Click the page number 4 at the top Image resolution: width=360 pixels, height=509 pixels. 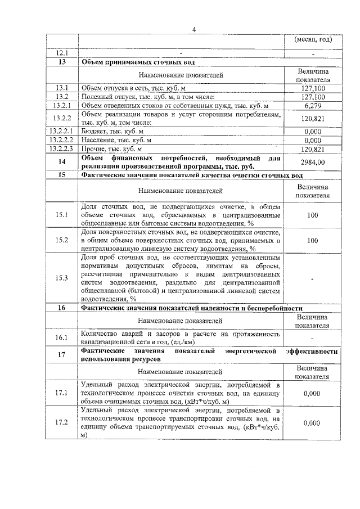pos(193,30)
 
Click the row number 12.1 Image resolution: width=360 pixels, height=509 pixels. pos(62,53)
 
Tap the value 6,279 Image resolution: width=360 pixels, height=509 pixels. pos(312,105)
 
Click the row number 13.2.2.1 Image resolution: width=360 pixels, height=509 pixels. pos(62,131)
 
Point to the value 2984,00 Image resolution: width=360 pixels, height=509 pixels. pos(312,162)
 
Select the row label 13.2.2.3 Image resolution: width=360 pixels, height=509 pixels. pos(62,149)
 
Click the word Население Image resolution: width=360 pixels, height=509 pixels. pos(99,140)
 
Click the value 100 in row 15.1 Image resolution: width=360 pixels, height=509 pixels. pos(312,215)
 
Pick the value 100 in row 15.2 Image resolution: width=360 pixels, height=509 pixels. pos(312,240)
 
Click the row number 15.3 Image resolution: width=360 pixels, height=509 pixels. pos(62,278)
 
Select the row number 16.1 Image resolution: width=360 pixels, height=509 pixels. pos(62,337)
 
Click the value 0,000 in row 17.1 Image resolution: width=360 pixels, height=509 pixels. pos(312,393)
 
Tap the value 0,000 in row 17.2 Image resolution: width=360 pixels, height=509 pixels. pos(312,423)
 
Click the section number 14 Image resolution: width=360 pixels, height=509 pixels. pos(62,162)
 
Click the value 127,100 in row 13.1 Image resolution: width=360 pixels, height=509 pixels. pos(312,88)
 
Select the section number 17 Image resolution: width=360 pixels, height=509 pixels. pos(62,354)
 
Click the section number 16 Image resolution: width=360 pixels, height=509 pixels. pos(62,308)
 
